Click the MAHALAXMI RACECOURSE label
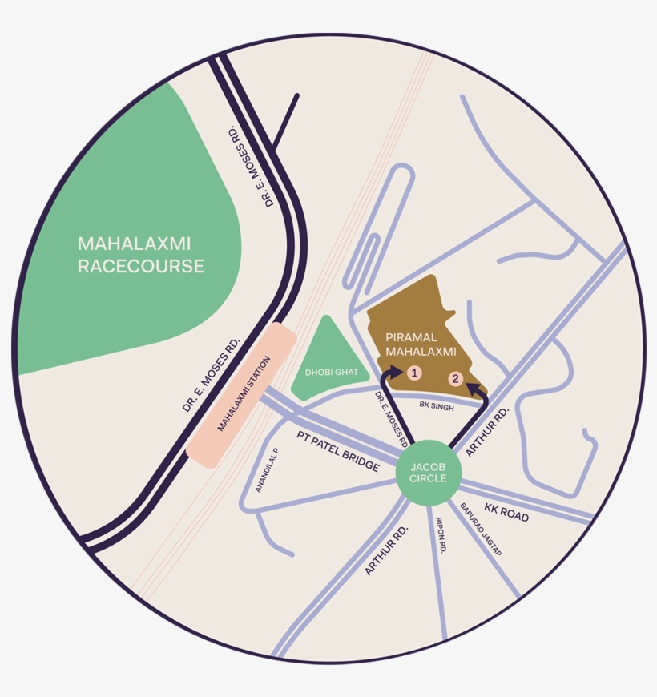click(x=141, y=254)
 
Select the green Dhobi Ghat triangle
click(x=328, y=365)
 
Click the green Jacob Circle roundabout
click(x=429, y=473)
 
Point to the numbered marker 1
click(x=414, y=373)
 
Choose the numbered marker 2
click(x=455, y=378)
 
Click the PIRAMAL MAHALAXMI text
click(x=421, y=343)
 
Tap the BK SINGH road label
click(x=437, y=407)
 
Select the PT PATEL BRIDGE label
click(x=338, y=451)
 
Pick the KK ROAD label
click(x=506, y=513)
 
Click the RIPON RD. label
click(x=441, y=534)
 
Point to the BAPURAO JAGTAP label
click(x=480, y=530)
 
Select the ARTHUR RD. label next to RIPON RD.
click(x=387, y=550)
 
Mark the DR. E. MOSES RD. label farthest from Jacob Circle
click(x=252, y=166)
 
